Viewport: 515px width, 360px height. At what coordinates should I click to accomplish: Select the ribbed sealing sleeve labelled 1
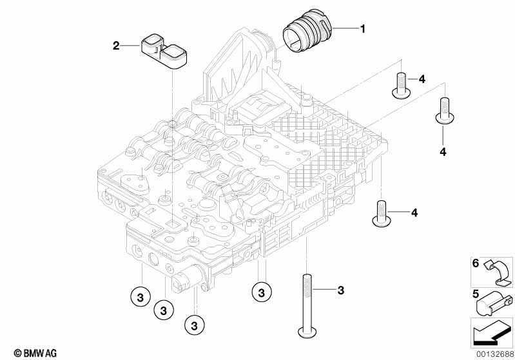tap(307, 38)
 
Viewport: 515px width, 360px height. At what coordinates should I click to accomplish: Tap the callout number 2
tap(116, 45)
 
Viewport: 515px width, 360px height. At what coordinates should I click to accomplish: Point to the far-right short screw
tap(443, 109)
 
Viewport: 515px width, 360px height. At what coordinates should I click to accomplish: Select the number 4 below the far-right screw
tap(443, 152)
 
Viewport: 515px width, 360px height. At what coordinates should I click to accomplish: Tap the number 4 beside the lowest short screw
tap(414, 213)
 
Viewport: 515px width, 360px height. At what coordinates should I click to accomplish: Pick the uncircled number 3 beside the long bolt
tap(340, 291)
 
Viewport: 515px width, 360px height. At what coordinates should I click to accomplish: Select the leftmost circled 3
tap(140, 297)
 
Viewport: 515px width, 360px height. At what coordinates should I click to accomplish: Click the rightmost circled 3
tap(261, 292)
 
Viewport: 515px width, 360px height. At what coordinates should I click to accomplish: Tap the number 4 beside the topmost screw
tap(422, 79)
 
